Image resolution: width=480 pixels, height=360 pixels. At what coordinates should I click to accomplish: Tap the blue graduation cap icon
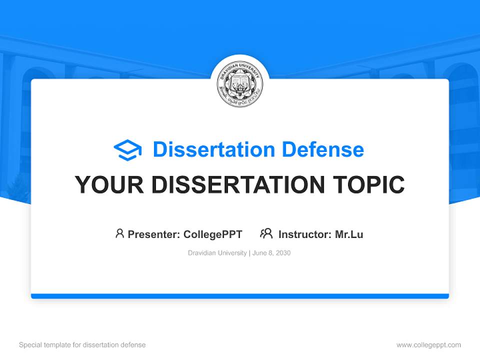coord(127,150)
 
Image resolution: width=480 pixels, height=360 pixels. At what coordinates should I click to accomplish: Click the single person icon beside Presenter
coord(119,233)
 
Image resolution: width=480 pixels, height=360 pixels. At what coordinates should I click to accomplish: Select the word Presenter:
coord(154,234)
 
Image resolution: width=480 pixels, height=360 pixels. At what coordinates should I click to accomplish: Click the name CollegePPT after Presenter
coord(213,234)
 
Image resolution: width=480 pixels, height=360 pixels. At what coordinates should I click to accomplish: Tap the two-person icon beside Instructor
coord(266,233)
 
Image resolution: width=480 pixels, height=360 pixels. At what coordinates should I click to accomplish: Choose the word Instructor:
coord(305,234)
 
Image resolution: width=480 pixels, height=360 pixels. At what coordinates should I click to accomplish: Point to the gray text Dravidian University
coord(217,253)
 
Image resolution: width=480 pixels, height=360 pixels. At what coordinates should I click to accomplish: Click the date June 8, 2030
coord(271,253)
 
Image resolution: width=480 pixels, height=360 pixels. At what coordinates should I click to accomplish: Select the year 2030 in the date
coord(282,253)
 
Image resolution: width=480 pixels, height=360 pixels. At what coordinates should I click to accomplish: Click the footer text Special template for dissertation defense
coord(82,345)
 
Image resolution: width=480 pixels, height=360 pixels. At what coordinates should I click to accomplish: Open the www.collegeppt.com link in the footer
coord(428,345)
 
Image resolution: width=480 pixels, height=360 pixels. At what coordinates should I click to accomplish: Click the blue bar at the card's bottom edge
coord(240,296)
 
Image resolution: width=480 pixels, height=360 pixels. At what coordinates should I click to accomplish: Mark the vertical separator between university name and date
coord(249,253)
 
